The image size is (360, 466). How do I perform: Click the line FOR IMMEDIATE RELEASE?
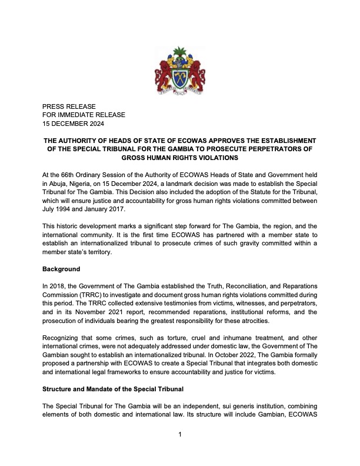point(84,115)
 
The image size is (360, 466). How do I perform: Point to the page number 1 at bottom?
point(180,435)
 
